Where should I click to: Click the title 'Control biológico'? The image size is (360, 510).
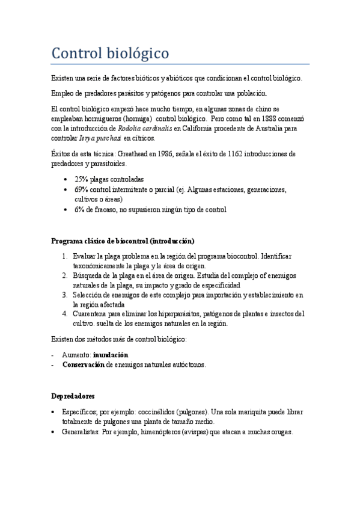click(110, 54)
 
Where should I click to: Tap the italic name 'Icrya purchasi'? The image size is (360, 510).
click(100, 138)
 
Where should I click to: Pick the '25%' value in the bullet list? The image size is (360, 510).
click(81, 179)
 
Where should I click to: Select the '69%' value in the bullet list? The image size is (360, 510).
click(81, 189)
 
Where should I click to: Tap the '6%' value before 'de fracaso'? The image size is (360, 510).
click(79, 209)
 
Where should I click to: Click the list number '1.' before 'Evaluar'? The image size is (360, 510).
click(65, 256)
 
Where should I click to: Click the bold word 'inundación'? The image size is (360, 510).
click(111, 355)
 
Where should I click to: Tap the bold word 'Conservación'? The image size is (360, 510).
click(83, 364)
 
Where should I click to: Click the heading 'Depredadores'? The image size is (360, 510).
click(72, 396)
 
